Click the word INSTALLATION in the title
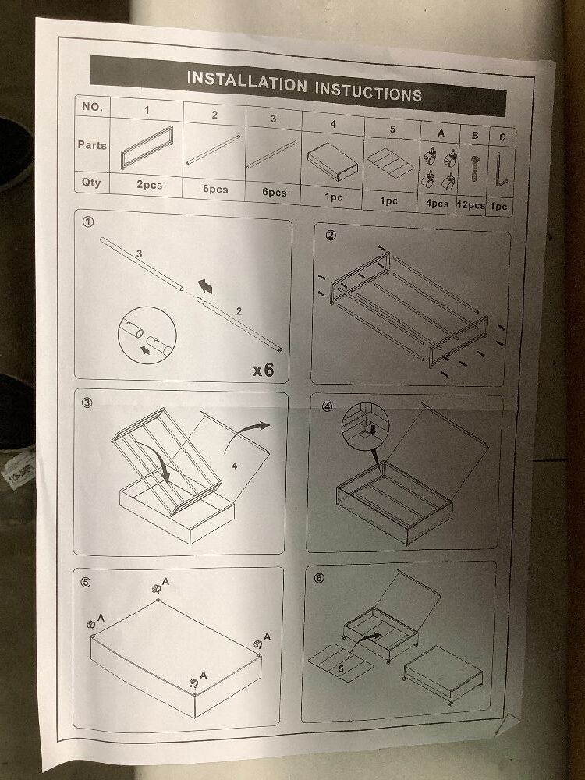(246, 82)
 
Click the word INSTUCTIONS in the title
(369, 91)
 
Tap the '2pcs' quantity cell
(149, 185)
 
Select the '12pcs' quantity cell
(470, 205)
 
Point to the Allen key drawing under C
(501, 168)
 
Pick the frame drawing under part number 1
(147, 147)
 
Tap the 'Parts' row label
(92, 145)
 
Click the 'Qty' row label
(91, 182)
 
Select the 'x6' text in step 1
(263, 370)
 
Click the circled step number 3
(87, 402)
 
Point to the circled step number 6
(319, 577)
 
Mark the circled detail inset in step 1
(147, 335)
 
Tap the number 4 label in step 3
(234, 466)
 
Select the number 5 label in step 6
(342, 668)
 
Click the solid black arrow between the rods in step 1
(205, 286)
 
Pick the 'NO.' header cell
(92, 106)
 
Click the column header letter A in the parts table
(441, 133)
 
